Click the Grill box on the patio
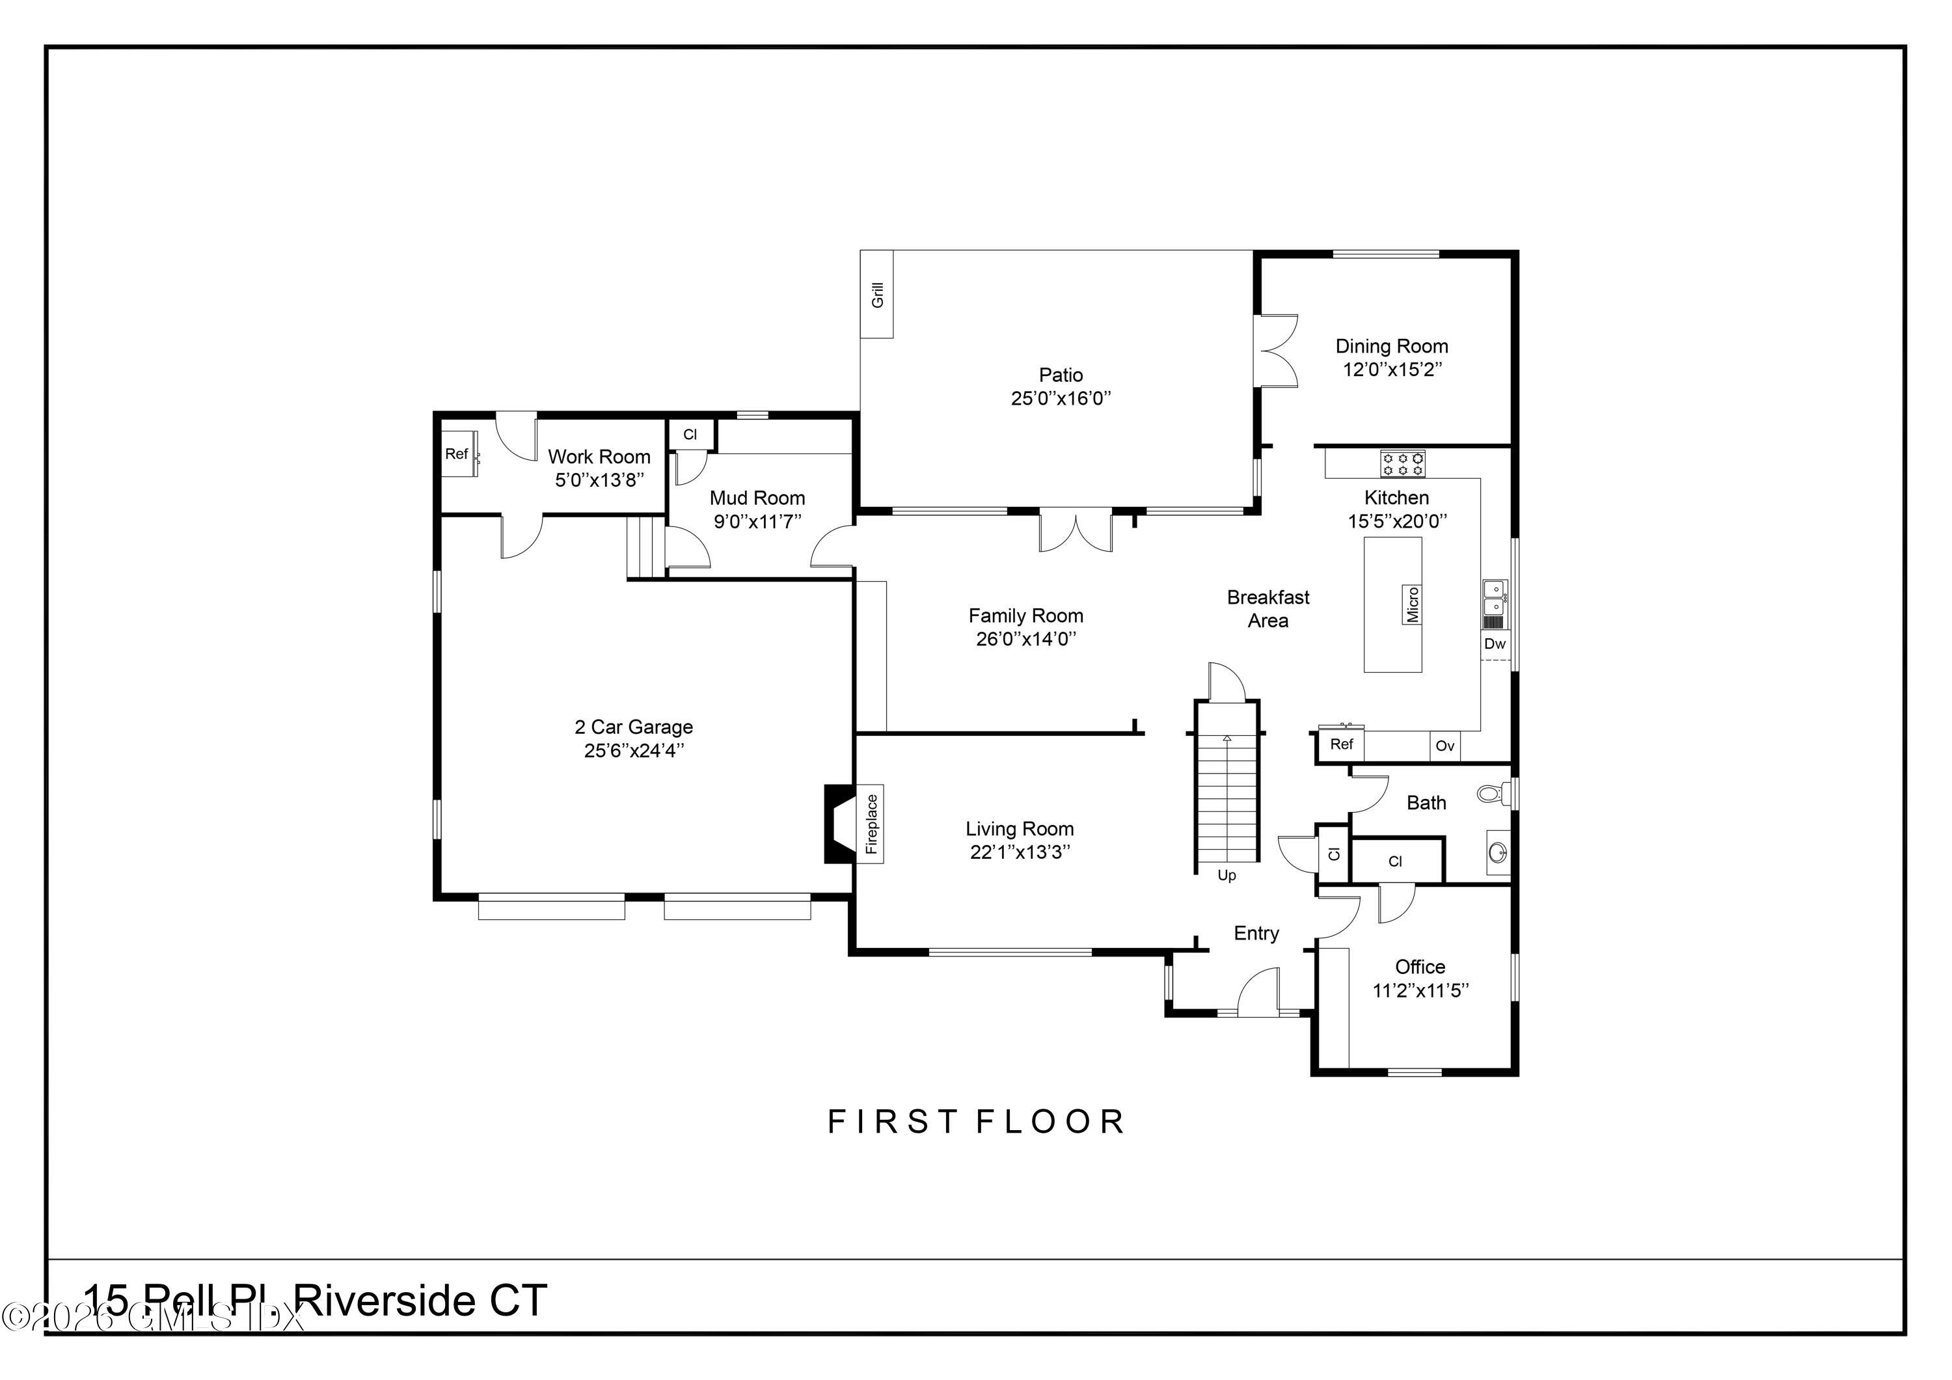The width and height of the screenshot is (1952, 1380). click(x=876, y=294)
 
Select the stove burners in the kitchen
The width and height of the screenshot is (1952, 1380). click(x=1402, y=463)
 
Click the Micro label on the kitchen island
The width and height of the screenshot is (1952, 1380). click(x=1412, y=604)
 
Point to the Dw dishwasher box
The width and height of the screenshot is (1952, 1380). click(x=1495, y=643)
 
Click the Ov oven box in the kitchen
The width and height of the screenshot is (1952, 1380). click(x=1444, y=746)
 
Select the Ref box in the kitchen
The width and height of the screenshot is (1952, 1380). click(x=1341, y=744)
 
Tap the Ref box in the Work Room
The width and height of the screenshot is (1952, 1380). click(x=457, y=454)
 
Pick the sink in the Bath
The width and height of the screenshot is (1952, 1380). click(x=1497, y=851)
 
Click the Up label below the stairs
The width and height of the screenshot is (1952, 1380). click(x=1226, y=875)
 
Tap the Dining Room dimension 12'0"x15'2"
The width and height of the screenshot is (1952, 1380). click(x=1392, y=369)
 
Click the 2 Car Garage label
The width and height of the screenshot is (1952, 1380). click(x=633, y=727)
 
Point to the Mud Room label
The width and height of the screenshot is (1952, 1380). click(x=757, y=498)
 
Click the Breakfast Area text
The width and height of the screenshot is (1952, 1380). click(x=1267, y=609)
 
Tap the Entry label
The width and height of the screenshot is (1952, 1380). click(x=1256, y=933)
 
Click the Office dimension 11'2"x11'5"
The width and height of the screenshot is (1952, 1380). click(x=1420, y=990)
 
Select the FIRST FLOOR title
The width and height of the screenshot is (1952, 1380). click(x=976, y=1122)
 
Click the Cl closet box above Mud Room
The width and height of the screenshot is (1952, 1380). click(x=690, y=435)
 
